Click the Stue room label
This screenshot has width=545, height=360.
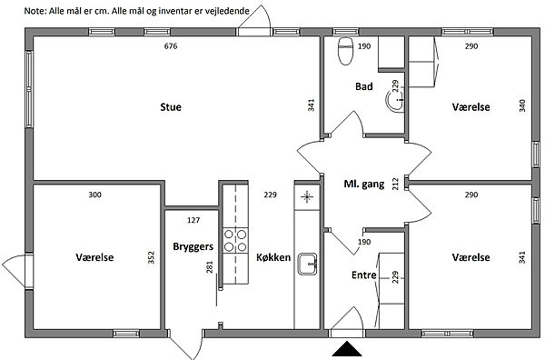171,107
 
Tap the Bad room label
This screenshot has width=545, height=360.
364,86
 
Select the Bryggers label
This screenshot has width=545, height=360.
193,247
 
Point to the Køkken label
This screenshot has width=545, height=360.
273,257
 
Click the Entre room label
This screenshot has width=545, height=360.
364,275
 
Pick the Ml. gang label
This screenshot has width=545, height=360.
364,184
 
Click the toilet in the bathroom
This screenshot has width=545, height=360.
345,51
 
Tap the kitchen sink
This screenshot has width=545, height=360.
307,264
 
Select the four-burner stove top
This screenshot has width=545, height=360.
235,240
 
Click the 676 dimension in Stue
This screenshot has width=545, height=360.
171,46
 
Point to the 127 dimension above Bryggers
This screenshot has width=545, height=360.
193,220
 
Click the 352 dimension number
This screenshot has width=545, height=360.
151,257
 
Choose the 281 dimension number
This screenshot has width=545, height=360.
209,267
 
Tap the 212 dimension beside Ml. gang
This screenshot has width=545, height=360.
395,184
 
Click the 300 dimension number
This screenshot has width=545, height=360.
94,195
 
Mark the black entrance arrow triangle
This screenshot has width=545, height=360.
347,349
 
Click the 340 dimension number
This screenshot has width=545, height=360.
522,105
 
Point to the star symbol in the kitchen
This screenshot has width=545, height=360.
307,197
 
